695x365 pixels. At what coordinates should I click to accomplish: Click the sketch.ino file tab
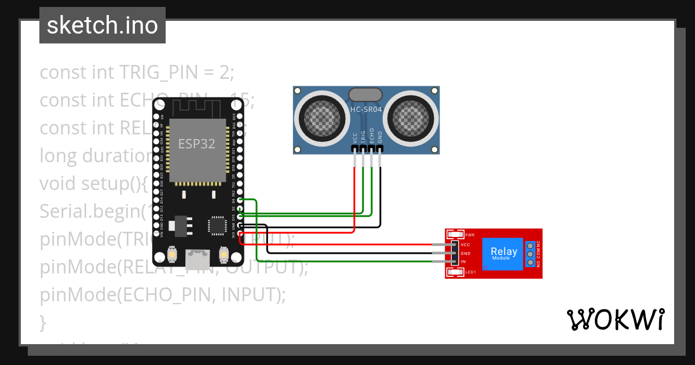click(102, 25)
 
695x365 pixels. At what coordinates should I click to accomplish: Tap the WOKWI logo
click(614, 319)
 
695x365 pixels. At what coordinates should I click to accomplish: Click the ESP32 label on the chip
click(196, 144)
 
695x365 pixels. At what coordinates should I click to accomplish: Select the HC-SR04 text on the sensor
click(365, 110)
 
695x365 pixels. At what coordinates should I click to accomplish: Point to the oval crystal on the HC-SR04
click(365, 94)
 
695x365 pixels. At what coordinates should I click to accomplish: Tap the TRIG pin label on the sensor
click(363, 137)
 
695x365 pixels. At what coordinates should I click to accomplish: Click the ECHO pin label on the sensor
click(372, 136)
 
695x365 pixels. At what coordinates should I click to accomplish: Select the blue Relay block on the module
click(503, 253)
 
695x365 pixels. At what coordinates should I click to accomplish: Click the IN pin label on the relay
click(463, 262)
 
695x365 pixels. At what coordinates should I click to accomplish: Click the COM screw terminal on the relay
click(529, 254)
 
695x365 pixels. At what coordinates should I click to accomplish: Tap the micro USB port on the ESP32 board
click(198, 255)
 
